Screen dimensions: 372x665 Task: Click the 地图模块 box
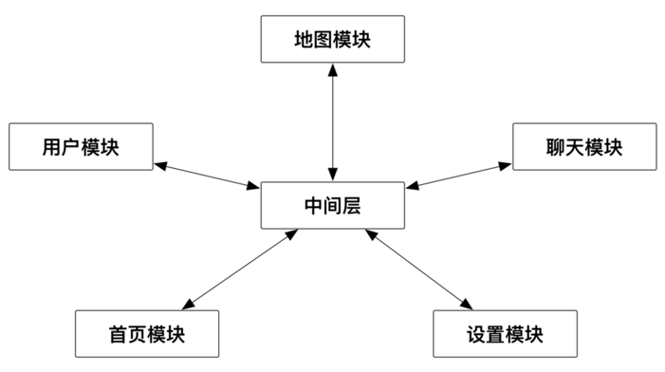332,40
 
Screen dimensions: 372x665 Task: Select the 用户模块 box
80,147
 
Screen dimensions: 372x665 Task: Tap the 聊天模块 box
584,147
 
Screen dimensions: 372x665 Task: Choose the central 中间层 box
332,204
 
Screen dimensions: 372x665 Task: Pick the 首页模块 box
146,334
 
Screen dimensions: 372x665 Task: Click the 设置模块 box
505,334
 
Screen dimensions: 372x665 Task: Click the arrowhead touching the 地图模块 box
332,71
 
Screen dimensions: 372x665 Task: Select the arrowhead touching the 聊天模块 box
506,165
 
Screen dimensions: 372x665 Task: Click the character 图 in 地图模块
320,40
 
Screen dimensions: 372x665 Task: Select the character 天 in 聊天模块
572,147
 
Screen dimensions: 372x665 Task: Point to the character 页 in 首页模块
134,334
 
